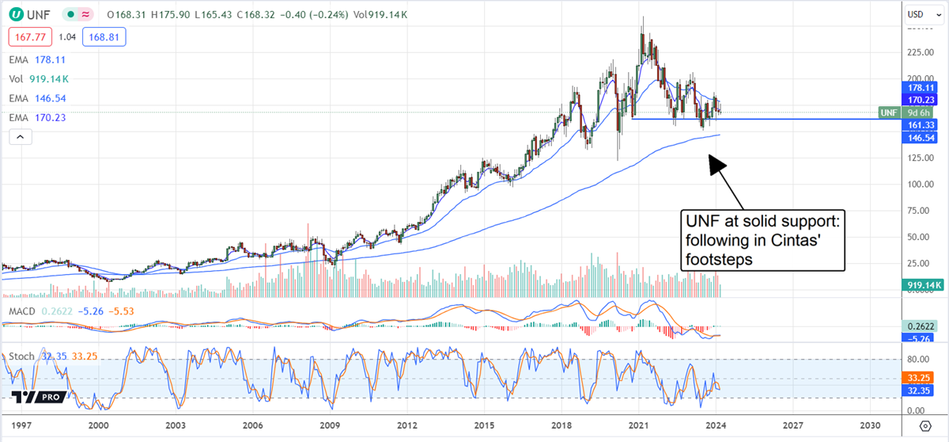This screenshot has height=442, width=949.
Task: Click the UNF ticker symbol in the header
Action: [38, 14]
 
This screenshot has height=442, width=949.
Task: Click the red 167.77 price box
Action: [28, 36]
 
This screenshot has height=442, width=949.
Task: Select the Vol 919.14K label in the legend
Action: [39, 78]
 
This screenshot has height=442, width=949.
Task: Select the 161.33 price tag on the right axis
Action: [920, 125]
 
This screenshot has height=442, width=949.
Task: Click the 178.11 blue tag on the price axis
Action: [920, 88]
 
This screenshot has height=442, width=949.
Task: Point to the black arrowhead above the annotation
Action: [716, 162]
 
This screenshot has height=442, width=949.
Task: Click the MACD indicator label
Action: [22, 311]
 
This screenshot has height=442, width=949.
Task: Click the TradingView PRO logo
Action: [36, 397]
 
